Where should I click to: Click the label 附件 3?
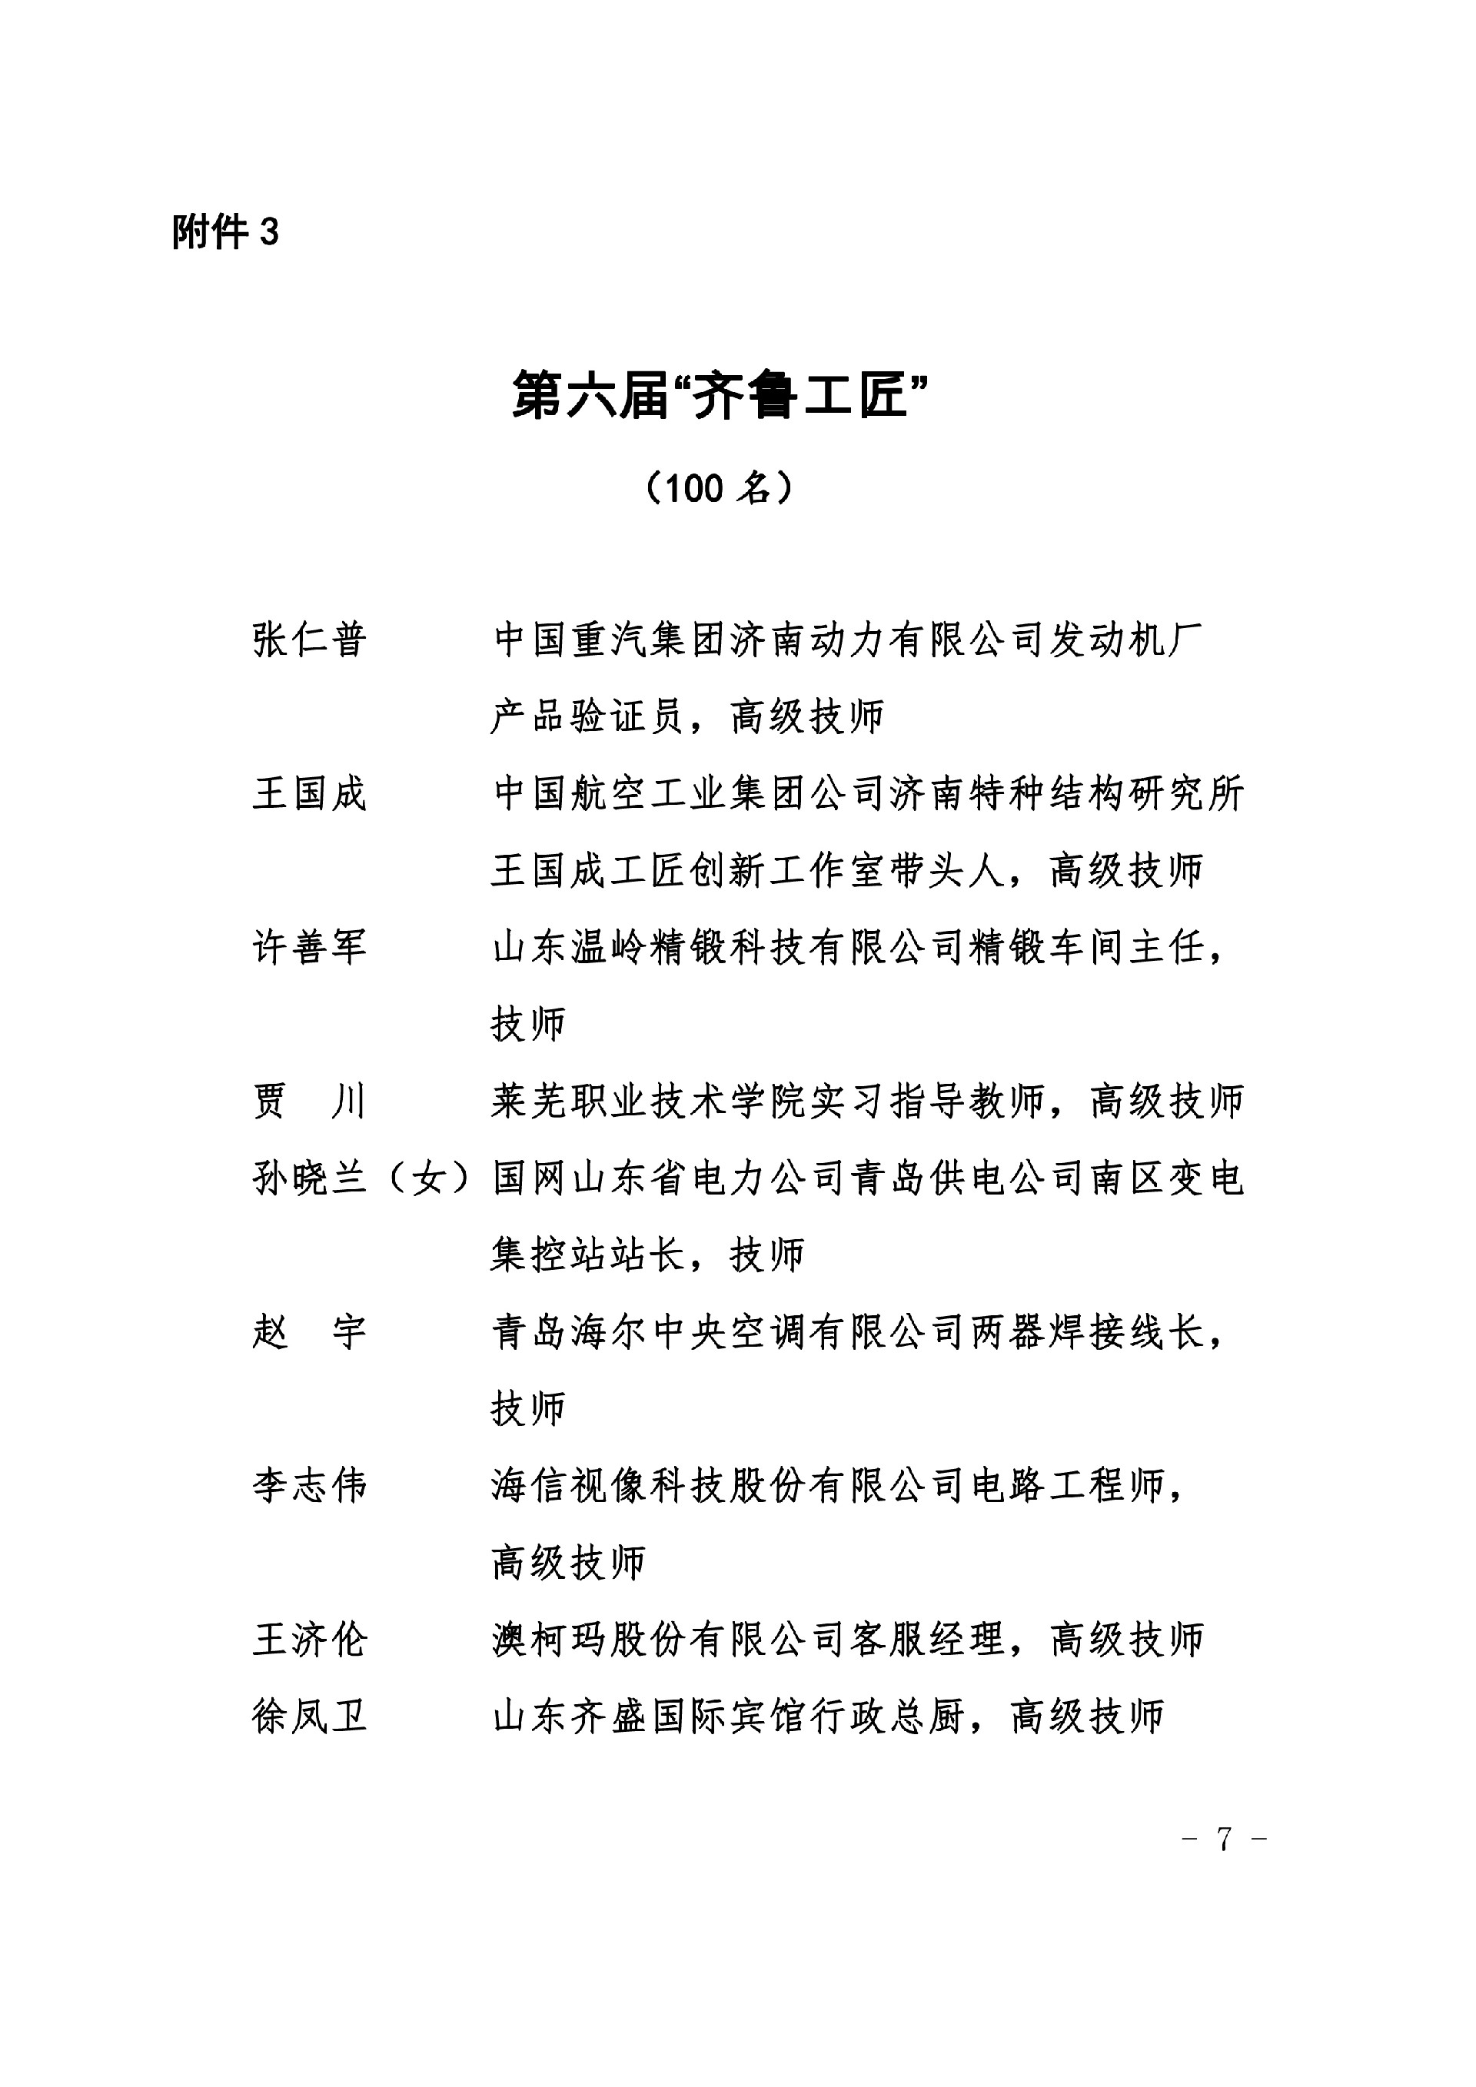225,233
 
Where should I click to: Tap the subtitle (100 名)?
718,489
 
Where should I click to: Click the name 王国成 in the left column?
309,793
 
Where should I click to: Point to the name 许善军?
309,947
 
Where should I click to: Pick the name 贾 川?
309,1102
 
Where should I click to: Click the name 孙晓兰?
309,1179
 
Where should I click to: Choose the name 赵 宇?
309,1333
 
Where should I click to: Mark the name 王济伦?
309,1640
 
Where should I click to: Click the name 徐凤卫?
309,1717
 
